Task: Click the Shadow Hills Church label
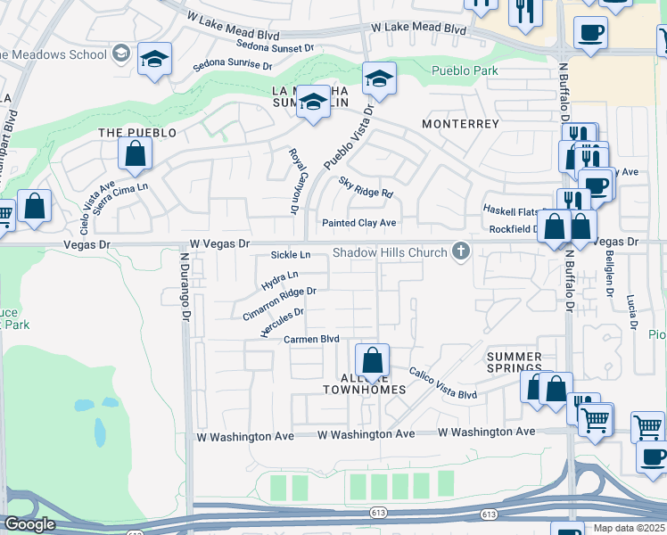pyautogui.click(x=389, y=252)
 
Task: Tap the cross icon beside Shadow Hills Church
pyautogui.click(x=460, y=251)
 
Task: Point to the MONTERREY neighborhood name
pyautogui.click(x=460, y=123)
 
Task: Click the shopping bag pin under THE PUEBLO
pyautogui.click(x=135, y=154)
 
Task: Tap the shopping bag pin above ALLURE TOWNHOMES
pyautogui.click(x=373, y=361)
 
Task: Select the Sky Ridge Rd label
pyautogui.click(x=366, y=188)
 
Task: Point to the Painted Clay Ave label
pyautogui.click(x=358, y=222)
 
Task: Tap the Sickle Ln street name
pyautogui.click(x=290, y=255)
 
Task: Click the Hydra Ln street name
pyautogui.click(x=279, y=281)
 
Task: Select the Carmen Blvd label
pyautogui.click(x=311, y=339)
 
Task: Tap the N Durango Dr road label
pyautogui.click(x=185, y=285)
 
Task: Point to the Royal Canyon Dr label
pyautogui.click(x=292, y=182)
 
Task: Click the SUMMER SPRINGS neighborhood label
pyautogui.click(x=514, y=362)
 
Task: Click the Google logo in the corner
pyautogui.click(x=30, y=524)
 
